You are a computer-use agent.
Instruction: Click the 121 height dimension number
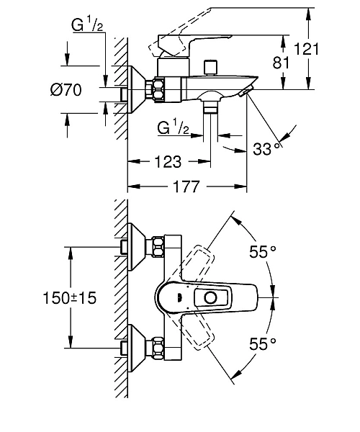(x=306, y=49)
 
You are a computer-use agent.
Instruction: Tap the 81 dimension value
(x=281, y=63)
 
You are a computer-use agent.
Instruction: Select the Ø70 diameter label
(x=66, y=90)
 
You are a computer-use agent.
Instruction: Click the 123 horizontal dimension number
(x=168, y=162)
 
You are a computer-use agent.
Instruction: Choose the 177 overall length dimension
(x=186, y=186)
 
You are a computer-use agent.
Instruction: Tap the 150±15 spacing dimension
(x=70, y=298)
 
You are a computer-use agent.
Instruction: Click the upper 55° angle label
(x=263, y=251)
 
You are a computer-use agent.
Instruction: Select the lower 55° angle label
(x=263, y=344)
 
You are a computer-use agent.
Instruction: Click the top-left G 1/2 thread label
(x=87, y=24)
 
